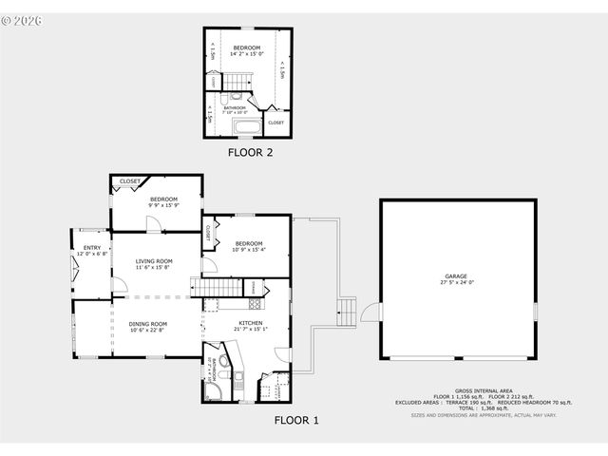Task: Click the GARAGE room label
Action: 457,276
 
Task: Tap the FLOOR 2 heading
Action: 250,151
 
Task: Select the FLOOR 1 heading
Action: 296,419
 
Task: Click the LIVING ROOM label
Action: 153,261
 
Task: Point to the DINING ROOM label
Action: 148,324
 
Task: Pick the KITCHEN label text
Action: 251,324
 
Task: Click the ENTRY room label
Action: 92,249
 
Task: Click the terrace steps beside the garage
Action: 348,310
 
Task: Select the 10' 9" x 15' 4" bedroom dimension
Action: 249,249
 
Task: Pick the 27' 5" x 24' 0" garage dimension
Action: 457,283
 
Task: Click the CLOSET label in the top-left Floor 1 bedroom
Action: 130,180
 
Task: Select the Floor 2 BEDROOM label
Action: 247,47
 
